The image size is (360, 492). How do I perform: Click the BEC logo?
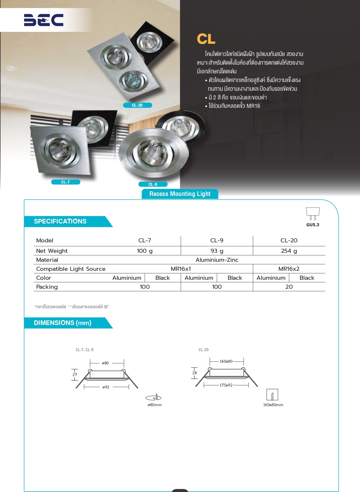click(44, 20)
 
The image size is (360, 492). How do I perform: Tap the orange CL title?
click(206, 39)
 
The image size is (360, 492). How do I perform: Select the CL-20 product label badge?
click(138, 105)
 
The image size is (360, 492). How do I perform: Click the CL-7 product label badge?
click(66, 182)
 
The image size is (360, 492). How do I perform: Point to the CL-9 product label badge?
click(153, 184)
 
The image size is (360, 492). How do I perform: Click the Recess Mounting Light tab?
click(180, 194)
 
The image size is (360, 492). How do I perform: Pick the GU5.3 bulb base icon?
click(313, 214)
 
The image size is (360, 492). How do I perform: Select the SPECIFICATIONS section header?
click(60, 222)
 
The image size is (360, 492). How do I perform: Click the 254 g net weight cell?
click(289, 251)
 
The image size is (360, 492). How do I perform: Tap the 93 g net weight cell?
click(217, 251)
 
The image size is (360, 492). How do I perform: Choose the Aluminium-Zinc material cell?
click(217, 260)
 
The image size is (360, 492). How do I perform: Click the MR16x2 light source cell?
click(289, 269)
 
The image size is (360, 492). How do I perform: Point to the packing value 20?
click(289, 287)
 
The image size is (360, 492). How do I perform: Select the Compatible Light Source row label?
click(71, 269)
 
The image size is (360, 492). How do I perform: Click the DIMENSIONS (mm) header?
click(63, 323)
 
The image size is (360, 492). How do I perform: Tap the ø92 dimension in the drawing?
click(106, 387)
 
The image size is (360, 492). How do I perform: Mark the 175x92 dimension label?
click(226, 385)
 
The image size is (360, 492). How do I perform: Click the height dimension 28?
click(194, 373)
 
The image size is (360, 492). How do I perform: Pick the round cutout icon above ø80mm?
click(154, 397)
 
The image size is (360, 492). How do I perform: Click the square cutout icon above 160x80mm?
click(272, 395)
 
